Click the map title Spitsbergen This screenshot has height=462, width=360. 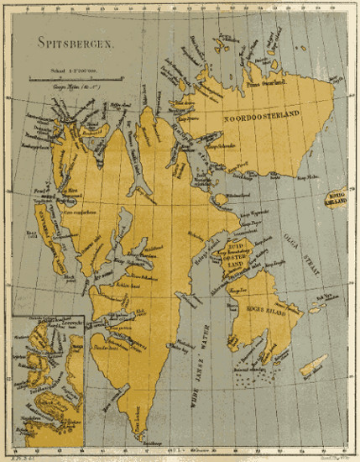pos(76,43)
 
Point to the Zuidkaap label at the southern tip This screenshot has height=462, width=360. pos(150,442)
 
